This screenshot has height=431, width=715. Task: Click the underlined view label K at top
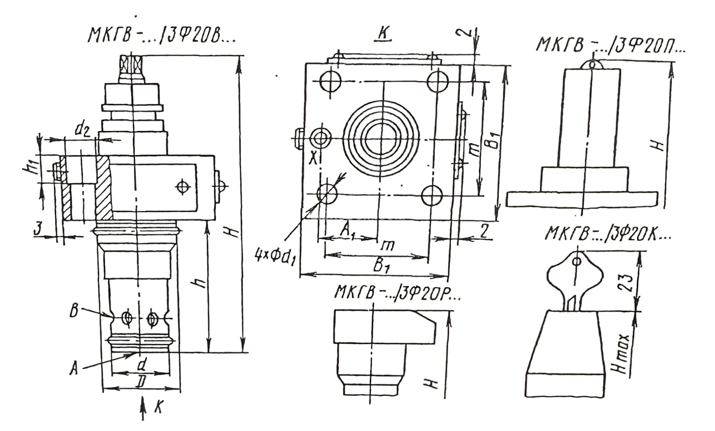[x=383, y=34]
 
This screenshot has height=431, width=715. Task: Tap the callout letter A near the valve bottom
[x=74, y=368]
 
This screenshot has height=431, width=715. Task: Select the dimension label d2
[x=82, y=130]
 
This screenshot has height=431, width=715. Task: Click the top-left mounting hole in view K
[x=330, y=81]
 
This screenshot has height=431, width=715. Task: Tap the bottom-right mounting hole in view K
[x=432, y=195]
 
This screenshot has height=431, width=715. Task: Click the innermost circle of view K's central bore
[x=381, y=138]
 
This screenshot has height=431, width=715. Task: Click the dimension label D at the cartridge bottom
[x=141, y=383]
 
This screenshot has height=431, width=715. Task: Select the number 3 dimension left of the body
[x=38, y=229]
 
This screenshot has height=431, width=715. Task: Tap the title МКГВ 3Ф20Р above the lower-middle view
[x=397, y=292]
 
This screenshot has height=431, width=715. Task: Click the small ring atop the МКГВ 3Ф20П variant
[x=592, y=64]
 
